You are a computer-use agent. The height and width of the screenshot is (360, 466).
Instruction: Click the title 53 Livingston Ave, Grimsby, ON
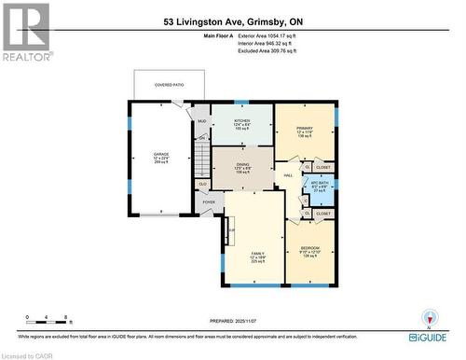(232, 20)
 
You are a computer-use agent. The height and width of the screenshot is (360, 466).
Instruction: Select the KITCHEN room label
(242, 121)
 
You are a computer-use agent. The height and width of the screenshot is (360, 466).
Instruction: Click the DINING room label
(242, 164)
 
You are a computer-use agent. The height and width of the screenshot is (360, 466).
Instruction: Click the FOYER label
(209, 201)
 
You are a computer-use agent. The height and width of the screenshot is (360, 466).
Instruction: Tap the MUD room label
(200, 120)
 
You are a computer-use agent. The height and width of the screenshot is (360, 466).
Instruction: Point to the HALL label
(289, 175)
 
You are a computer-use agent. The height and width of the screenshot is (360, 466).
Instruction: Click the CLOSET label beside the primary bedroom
(322, 167)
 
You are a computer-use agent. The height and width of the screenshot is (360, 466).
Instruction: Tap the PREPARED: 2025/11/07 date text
(232, 316)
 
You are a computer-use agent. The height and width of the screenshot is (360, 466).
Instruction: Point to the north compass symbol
(430, 317)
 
